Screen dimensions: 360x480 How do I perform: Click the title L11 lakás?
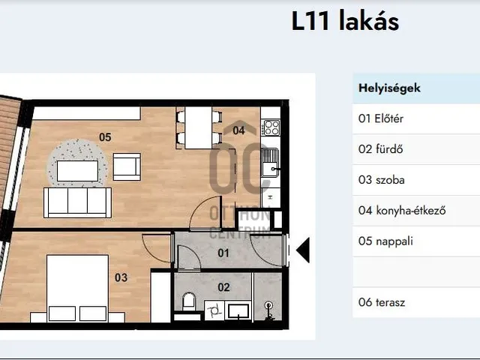pyautogui.click(x=345, y=21)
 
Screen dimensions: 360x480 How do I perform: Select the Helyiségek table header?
pyautogui.click(x=389, y=88)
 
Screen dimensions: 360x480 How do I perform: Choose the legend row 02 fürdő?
pyautogui.click(x=381, y=149)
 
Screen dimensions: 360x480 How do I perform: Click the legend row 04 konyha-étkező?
pyautogui.click(x=402, y=211)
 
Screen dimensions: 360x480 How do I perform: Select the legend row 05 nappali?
pyautogui.click(x=386, y=241)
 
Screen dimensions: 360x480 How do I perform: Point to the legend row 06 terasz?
pyautogui.click(x=382, y=302)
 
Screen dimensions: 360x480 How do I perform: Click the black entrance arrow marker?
pyautogui.click(x=303, y=250)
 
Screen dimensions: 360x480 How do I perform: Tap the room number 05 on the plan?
pyautogui.click(x=105, y=136)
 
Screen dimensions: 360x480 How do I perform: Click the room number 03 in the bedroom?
pyautogui.click(x=121, y=277)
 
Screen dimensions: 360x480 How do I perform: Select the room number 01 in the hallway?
pyautogui.click(x=223, y=253)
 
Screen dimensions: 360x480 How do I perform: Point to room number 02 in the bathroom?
pyautogui.click(x=223, y=286)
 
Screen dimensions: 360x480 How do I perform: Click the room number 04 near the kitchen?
pyautogui.click(x=238, y=130)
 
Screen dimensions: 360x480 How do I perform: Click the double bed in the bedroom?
pyautogui.click(x=78, y=288)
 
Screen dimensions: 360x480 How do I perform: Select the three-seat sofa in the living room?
pyautogui.click(x=77, y=202)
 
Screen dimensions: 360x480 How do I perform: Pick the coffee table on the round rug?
pyautogui.click(x=77, y=171)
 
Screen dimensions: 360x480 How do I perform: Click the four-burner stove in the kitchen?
pyautogui.click(x=271, y=127)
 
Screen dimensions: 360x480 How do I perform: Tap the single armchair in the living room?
pyautogui.click(x=126, y=166)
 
